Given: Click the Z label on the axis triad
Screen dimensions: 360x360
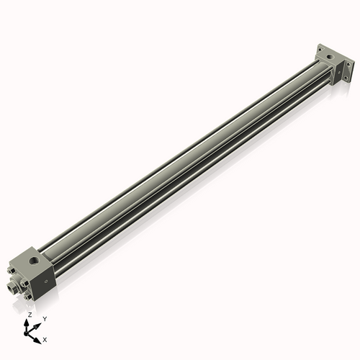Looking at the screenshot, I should point(29,315).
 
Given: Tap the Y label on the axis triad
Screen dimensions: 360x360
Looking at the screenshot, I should point(44,318).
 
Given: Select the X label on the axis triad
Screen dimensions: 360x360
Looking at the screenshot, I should point(45,338).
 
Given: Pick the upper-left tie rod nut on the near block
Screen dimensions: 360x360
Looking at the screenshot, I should point(12,271).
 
